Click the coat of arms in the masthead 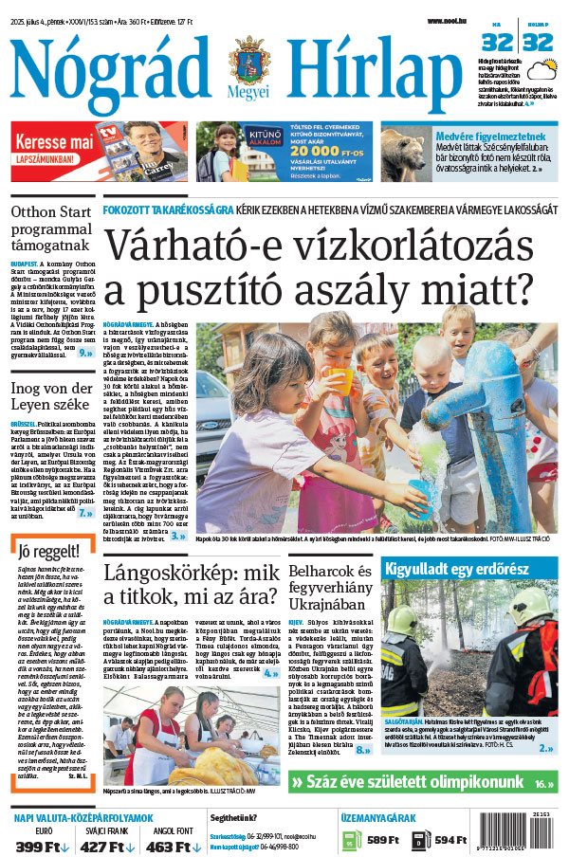(x=248, y=64)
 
